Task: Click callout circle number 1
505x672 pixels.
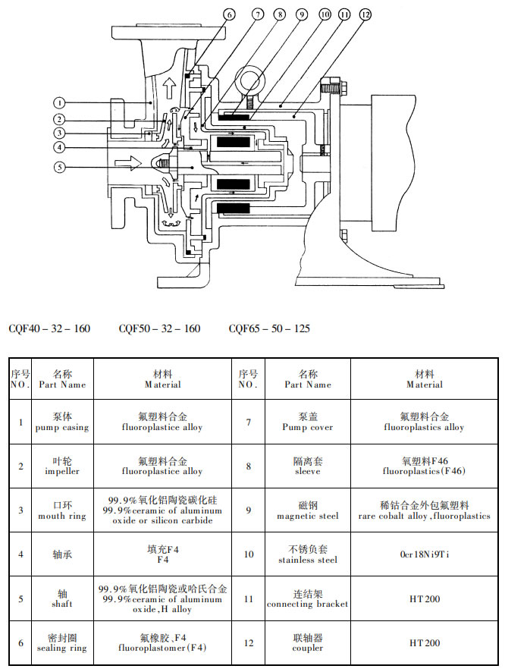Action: (61, 102)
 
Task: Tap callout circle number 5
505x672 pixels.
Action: (61, 168)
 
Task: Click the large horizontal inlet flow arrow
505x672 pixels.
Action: (124, 162)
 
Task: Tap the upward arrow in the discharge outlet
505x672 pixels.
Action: (168, 82)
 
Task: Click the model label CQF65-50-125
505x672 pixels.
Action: (269, 328)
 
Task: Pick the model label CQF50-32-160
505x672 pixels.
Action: (159, 328)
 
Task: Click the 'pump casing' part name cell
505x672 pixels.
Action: (62, 422)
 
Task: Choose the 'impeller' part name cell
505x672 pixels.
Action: (62, 466)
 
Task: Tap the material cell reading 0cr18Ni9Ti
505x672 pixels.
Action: (425, 554)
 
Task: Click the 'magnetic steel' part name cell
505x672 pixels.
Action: (307, 510)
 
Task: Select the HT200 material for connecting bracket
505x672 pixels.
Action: (425, 598)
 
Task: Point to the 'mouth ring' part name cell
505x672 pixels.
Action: (62, 510)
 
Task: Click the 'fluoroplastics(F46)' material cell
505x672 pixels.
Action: (425, 466)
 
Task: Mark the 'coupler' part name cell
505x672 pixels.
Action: (307, 642)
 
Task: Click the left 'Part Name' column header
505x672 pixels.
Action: (62, 379)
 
